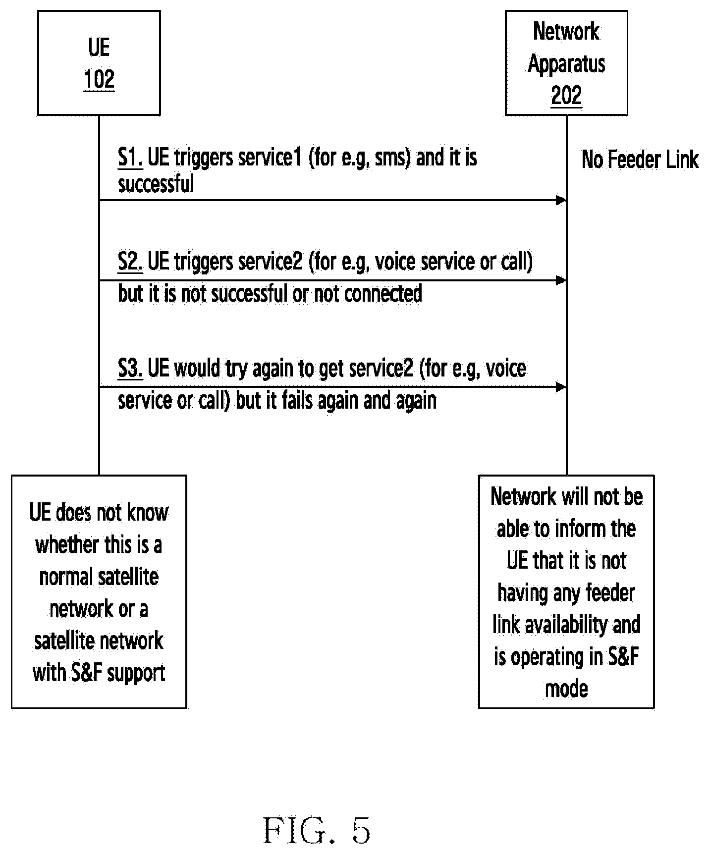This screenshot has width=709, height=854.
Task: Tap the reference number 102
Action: click(99, 79)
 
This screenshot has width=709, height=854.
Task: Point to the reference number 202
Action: click(566, 95)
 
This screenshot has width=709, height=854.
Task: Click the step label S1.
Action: click(130, 158)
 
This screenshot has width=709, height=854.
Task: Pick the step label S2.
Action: click(130, 262)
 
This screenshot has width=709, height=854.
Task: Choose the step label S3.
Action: click(130, 369)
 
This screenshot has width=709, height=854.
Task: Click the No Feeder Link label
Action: click(640, 160)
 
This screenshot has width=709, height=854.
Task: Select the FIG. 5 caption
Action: click(317, 830)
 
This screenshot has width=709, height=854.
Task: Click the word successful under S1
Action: click(156, 184)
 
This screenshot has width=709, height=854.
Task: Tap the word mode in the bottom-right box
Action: click(566, 689)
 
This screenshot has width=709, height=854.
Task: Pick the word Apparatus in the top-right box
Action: click(566, 64)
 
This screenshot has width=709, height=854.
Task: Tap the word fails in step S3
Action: click(297, 400)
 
